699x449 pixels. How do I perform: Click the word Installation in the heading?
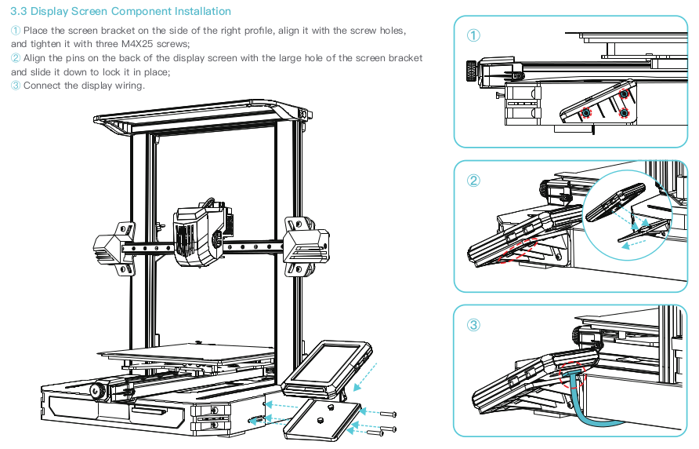204,12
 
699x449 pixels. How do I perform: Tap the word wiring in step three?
128,86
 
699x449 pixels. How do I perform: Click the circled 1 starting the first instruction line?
16,30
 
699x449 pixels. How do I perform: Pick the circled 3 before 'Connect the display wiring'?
16,86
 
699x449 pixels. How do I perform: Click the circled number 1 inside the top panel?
473,35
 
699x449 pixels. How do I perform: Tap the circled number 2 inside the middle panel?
473,180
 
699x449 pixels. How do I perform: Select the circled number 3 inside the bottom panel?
473,324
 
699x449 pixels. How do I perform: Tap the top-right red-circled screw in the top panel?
624,95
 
